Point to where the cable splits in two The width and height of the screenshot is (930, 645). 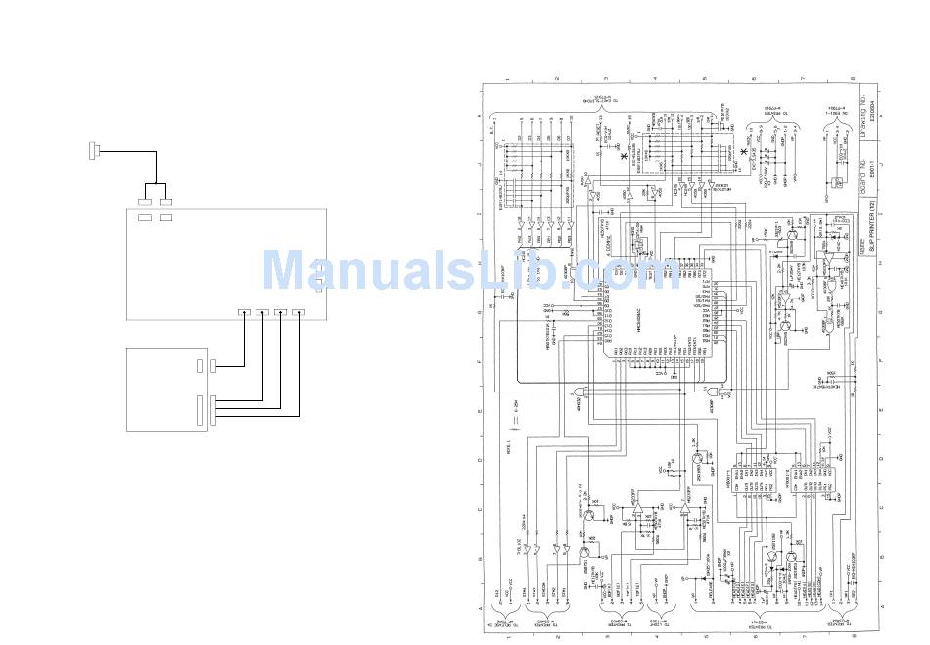156,182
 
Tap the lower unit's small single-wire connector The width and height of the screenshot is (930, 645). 201,366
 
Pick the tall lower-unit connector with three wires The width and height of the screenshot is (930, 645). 202,410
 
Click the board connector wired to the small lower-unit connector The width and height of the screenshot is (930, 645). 243,313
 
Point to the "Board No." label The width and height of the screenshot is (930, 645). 862,175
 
